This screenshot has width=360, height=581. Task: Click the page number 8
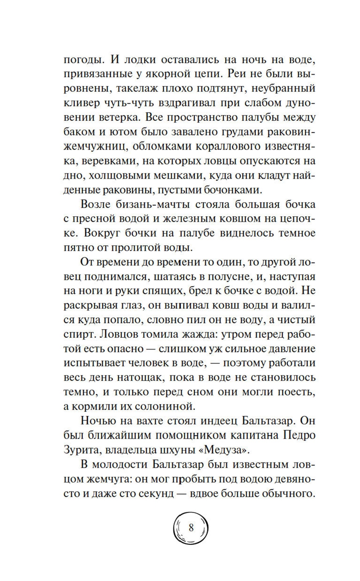click(191, 528)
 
